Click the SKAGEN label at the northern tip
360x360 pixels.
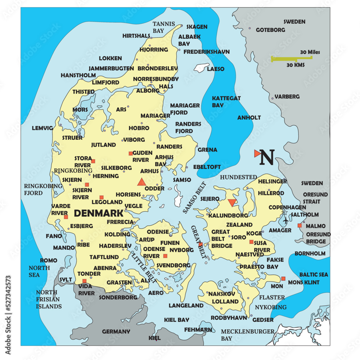[x=197, y=27]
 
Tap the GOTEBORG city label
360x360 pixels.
[x=270, y=30]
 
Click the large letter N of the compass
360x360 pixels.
[x=267, y=157]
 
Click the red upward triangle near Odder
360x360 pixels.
[x=142, y=182]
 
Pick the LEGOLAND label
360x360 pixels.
[x=107, y=202]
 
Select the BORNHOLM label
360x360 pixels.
[x=310, y=253]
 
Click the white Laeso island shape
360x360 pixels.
[x=201, y=67]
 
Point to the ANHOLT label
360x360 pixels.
[x=249, y=118]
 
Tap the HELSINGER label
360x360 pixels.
[x=273, y=181]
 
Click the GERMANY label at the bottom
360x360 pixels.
[x=116, y=332]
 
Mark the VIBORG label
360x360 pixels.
[x=134, y=140]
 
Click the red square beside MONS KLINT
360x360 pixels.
[x=283, y=278]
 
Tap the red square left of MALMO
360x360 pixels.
[x=300, y=226]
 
